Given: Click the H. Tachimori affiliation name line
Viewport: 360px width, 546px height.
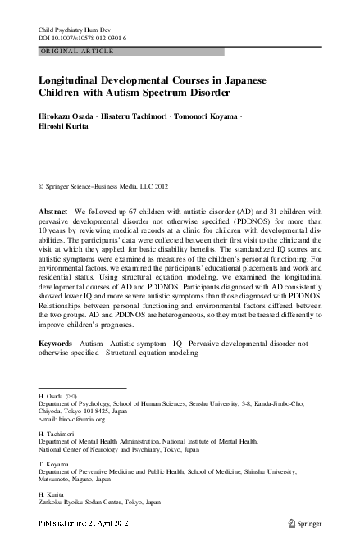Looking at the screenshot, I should click(56, 430).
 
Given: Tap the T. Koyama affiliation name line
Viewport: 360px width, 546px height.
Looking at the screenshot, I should click(53, 465).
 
